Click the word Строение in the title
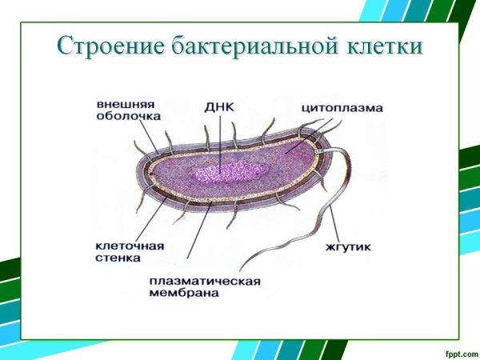pos(110,46)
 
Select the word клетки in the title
pos(380,46)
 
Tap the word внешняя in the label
pos(126,103)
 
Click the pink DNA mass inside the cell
pos(229,171)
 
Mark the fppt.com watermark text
pos(457,350)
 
